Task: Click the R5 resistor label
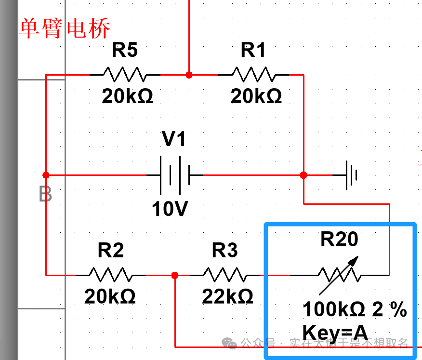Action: click(125, 50)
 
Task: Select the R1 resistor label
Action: click(253, 50)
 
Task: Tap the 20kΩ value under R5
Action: click(127, 97)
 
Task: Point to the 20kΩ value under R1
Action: click(256, 97)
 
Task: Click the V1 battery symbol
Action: click(174, 174)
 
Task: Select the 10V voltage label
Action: click(170, 209)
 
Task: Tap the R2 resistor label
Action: click(111, 251)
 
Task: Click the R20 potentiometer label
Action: click(340, 240)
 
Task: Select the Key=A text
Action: click(335, 333)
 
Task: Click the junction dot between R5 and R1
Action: click(189, 75)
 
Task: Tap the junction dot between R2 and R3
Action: click(174, 275)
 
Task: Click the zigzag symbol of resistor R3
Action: click(225, 275)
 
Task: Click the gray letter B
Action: click(45, 195)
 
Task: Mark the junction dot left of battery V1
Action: click(46, 174)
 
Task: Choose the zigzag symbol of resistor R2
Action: click(110, 275)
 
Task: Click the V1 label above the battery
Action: click(174, 140)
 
